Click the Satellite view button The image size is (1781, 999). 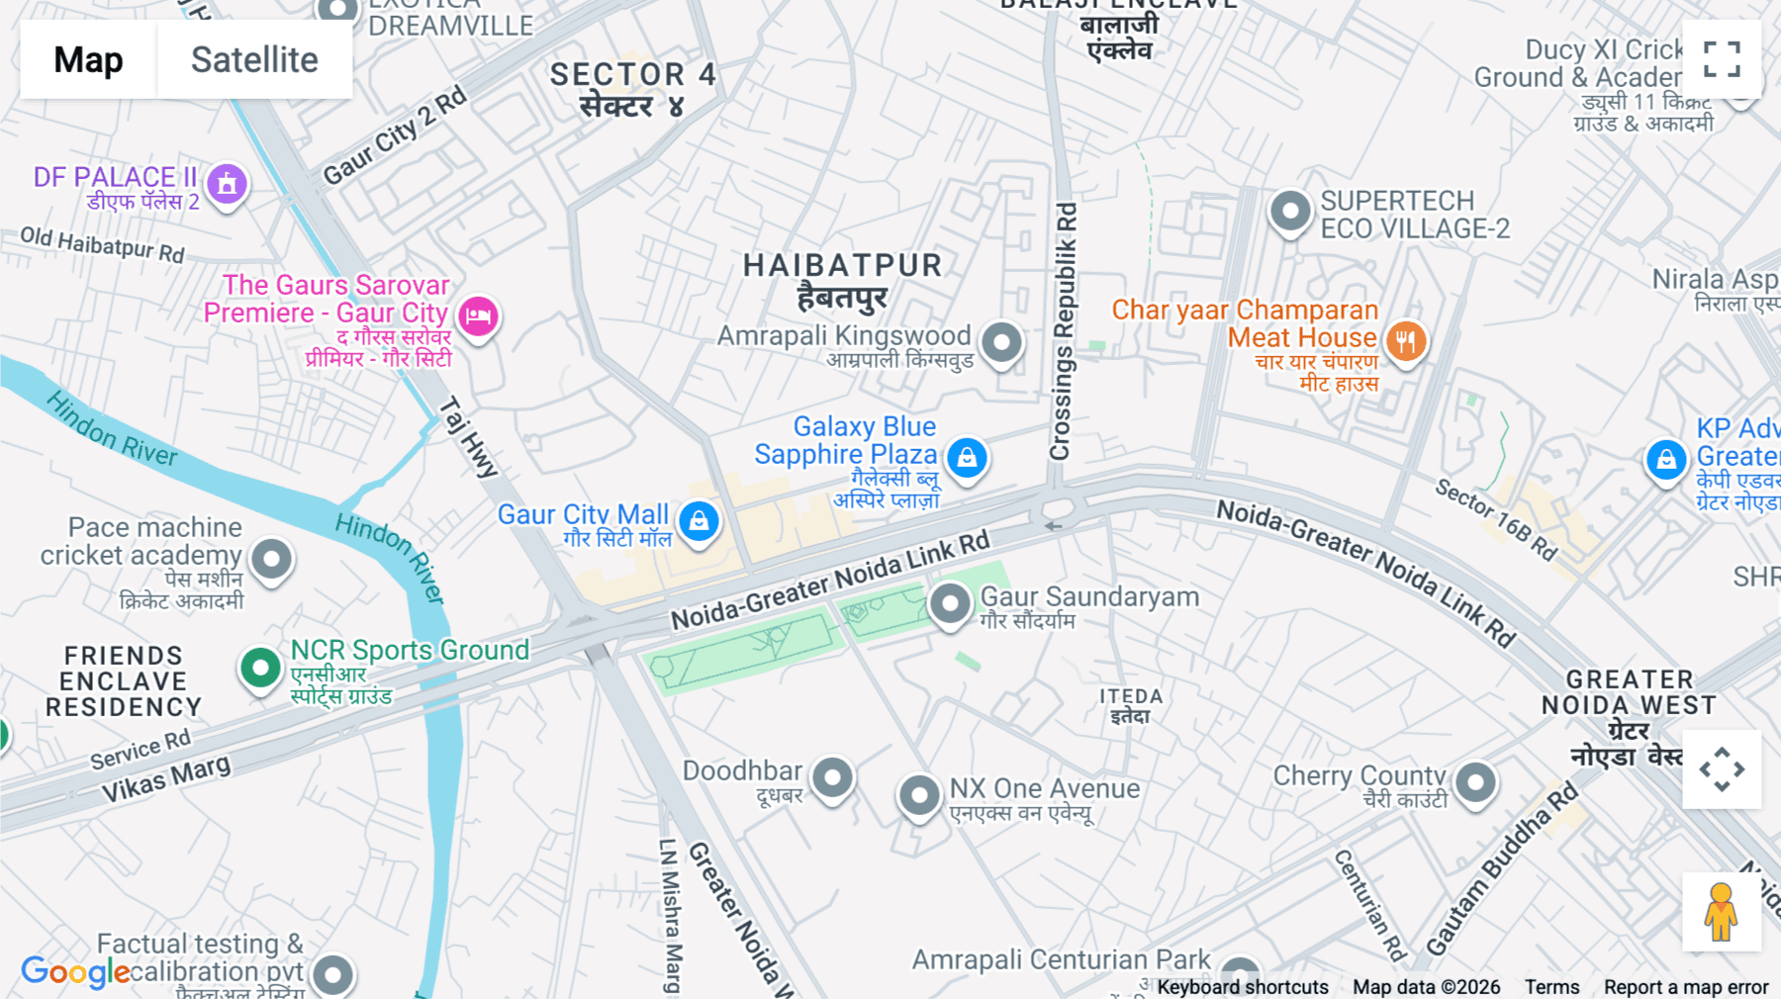tap(254, 60)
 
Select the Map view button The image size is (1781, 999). tap(89, 60)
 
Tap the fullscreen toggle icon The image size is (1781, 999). tap(1722, 59)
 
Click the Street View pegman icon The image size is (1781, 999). tap(1721, 912)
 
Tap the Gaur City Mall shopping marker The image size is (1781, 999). tap(699, 520)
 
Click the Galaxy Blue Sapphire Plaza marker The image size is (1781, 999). tap(967, 458)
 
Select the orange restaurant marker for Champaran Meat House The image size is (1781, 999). tap(1405, 341)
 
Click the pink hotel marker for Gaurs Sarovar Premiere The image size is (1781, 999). tap(478, 317)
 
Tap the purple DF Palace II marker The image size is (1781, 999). tap(227, 183)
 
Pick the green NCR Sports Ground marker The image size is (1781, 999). tap(260, 668)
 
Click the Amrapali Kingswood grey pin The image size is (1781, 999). tap(1001, 342)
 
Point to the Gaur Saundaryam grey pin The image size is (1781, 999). tap(950, 602)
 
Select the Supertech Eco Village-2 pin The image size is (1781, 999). tap(1289, 210)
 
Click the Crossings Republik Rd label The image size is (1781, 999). tap(1063, 331)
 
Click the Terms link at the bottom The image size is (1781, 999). tap(1551, 986)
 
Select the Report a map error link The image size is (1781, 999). tap(1685, 986)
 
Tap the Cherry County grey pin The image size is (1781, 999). tap(1475, 782)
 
